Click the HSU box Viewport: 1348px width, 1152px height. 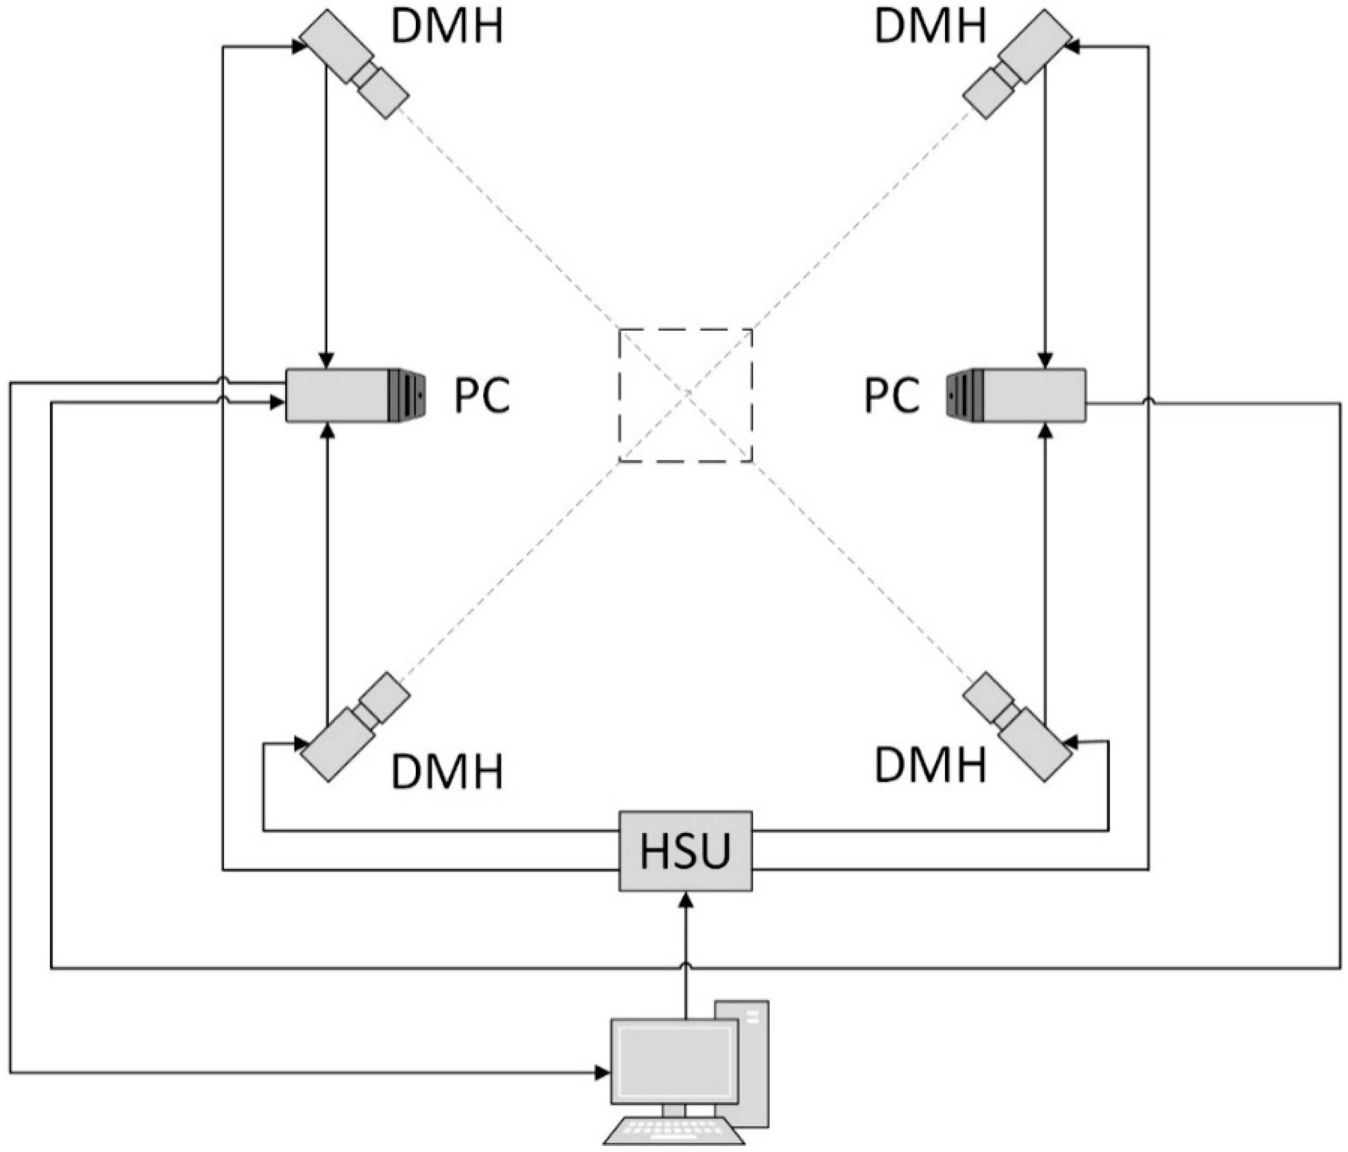pyautogui.click(x=685, y=851)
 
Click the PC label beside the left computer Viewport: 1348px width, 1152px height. pyautogui.click(x=481, y=395)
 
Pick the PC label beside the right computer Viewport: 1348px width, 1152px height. pyautogui.click(x=892, y=395)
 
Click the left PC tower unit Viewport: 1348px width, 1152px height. pyautogui.click(x=355, y=395)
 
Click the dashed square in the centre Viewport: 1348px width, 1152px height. pyautogui.click(x=685, y=396)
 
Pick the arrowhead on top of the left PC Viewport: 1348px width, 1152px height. pyautogui.click(x=327, y=360)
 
